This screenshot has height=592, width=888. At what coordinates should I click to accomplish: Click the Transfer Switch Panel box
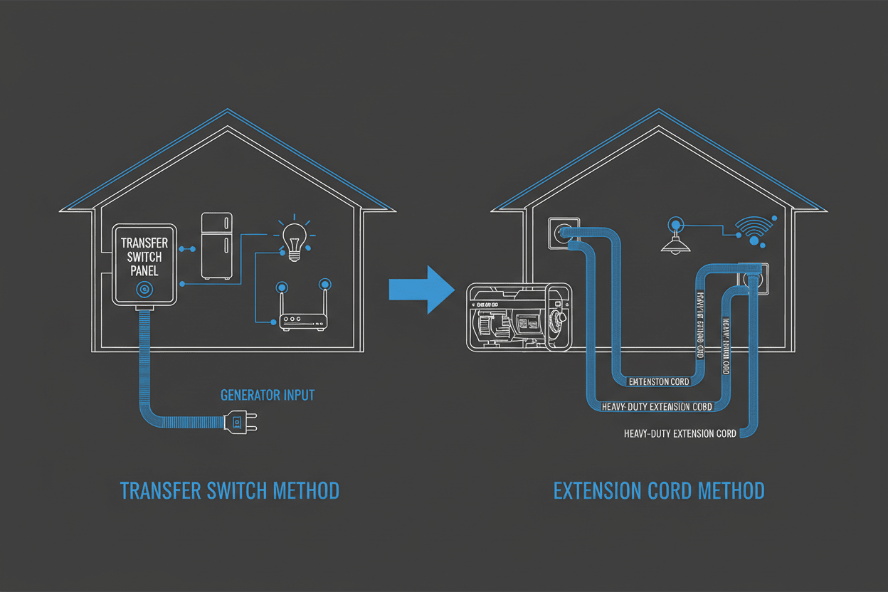[145, 263]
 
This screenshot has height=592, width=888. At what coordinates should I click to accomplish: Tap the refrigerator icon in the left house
[217, 245]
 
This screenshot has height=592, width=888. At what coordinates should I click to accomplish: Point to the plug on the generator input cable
[235, 423]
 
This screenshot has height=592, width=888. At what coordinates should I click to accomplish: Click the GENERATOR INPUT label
[267, 395]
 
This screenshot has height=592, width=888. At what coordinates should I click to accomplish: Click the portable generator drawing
[518, 316]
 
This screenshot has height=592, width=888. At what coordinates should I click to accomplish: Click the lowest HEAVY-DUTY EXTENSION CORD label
[680, 433]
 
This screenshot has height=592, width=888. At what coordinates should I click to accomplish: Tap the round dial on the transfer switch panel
[144, 289]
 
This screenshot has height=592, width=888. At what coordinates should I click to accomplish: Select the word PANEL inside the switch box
[145, 271]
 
